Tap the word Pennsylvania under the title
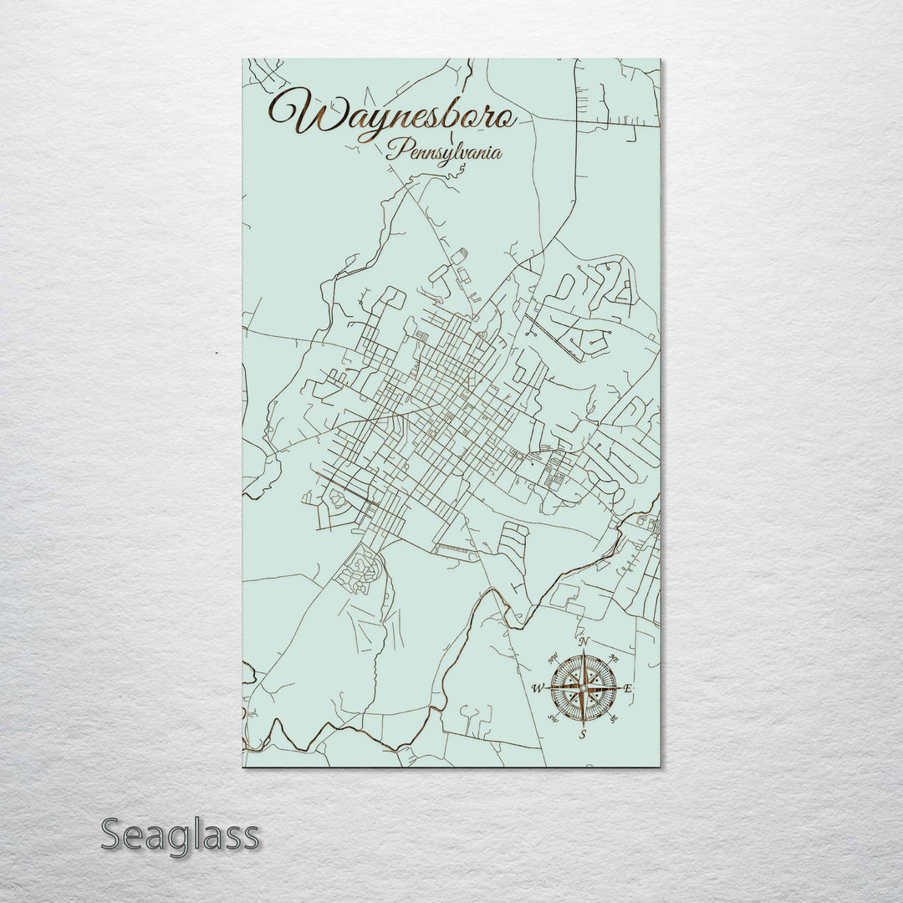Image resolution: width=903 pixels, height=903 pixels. coord(444,153)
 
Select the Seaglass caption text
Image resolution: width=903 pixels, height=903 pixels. coord(180,835)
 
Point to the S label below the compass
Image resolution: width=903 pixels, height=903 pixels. coord(584,735)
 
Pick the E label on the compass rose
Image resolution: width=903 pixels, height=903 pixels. coord(629,688)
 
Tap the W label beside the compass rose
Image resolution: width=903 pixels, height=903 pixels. coord(538,689)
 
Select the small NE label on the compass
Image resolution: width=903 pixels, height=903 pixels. coord(615,656)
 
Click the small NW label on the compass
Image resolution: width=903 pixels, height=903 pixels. coord(554,657)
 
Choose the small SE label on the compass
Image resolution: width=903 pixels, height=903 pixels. coord(615,719)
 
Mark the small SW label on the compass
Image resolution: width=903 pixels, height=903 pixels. coord(553,719)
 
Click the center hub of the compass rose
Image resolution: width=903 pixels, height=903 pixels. coord(584,688)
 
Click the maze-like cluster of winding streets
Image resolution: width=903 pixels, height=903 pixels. coord(360,571)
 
